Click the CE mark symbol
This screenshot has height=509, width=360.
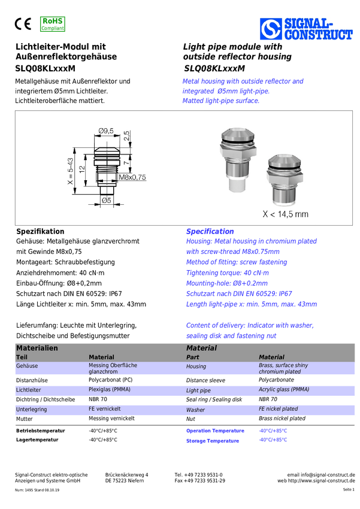click(x=24, y=24)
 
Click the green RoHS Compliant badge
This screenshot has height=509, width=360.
click(x=53, y=24)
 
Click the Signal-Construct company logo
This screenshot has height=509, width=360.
click(x=305, y=28)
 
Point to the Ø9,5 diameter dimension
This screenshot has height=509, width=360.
click(x=106, y=131)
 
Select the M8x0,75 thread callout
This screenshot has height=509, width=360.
click(x=132, y=177)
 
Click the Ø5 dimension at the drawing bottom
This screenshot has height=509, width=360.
click(x=107, y=201)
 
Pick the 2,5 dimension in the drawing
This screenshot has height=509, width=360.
click(x=126, y=136)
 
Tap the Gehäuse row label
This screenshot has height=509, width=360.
click(x=28, y=365)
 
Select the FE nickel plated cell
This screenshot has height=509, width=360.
click(x=278, y=409)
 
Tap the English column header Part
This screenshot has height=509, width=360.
click(x=192, y=357)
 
